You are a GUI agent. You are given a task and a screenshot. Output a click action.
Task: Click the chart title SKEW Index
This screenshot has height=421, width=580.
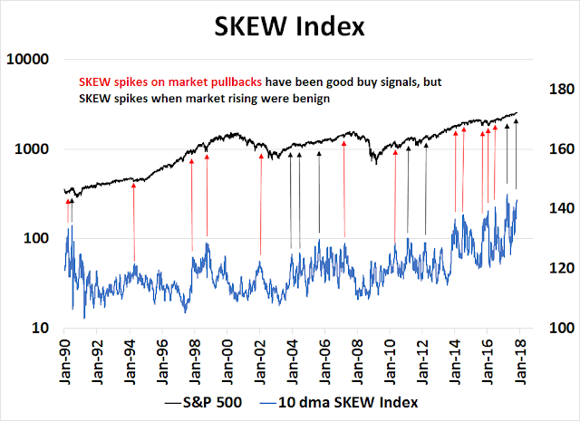290,26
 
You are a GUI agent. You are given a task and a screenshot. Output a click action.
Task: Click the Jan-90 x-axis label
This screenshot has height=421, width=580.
65,358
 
